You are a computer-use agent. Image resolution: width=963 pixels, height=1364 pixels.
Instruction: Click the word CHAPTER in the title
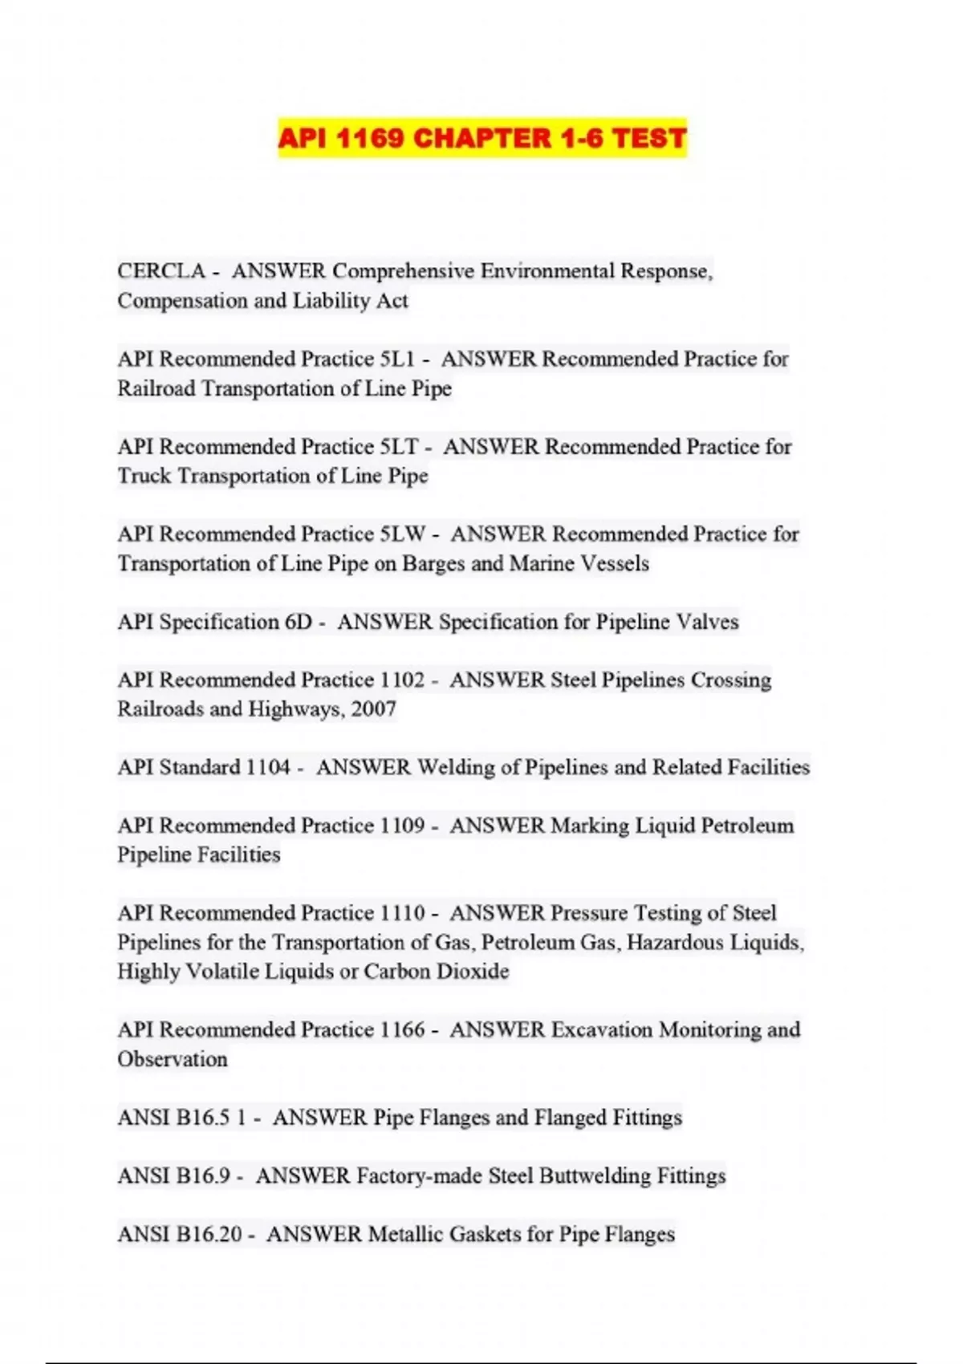point(482,139)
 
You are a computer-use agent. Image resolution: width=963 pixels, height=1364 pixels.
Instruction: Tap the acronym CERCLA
point(161,271)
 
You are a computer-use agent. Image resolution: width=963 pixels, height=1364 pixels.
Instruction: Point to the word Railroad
point(156,388)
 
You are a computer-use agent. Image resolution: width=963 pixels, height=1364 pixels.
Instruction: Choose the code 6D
point(298,622)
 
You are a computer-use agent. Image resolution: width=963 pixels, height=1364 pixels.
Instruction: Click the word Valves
point(707,622)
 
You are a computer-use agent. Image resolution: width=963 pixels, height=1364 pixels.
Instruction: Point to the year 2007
point(373,709)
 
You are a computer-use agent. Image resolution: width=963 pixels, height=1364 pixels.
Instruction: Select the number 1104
point(268,767)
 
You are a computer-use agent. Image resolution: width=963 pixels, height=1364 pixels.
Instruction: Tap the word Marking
point(590,826)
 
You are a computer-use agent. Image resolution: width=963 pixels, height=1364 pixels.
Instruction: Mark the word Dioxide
point(473,972)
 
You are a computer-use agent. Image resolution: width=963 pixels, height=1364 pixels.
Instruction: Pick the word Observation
point(173,1059)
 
